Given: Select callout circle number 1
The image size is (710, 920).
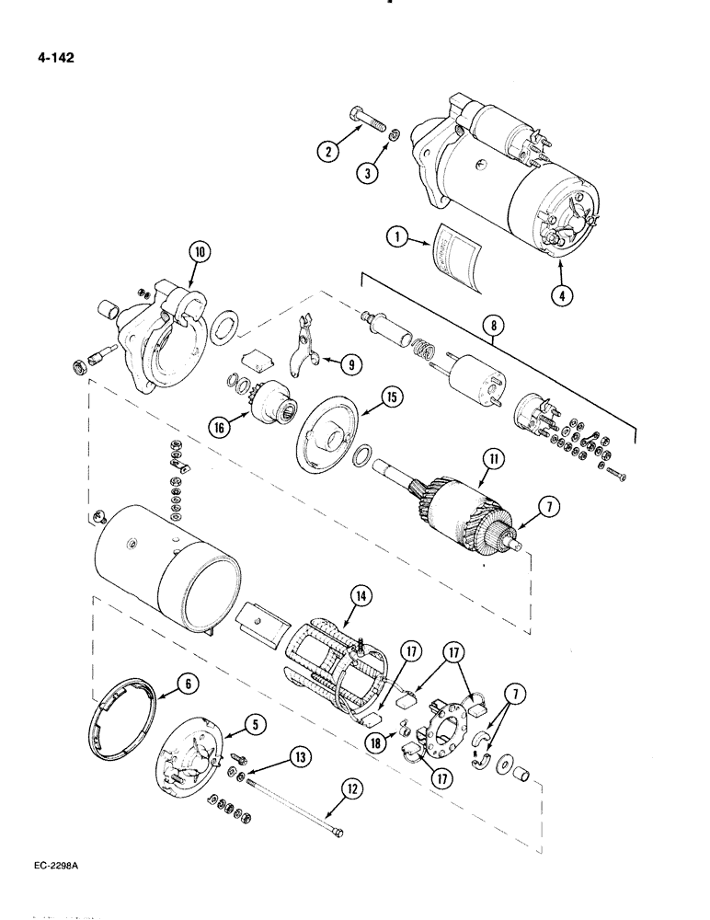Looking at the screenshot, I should tap(397, 237).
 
